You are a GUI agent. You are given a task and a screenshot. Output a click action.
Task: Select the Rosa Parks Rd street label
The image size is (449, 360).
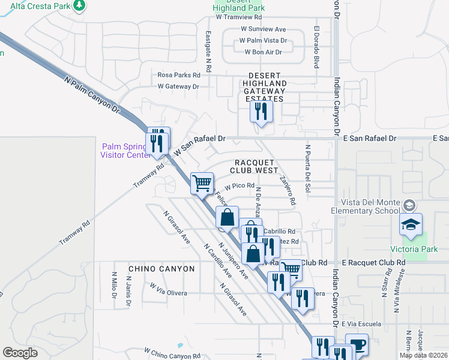178,75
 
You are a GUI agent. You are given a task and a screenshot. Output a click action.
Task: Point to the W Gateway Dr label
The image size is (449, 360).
178,86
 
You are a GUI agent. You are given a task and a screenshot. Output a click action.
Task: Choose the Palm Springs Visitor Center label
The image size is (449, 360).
124,151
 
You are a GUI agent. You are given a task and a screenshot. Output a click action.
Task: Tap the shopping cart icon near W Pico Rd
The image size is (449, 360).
202,182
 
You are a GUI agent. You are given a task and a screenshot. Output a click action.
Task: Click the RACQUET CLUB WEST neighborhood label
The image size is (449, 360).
257,167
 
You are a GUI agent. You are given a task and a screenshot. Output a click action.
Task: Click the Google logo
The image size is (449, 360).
20,353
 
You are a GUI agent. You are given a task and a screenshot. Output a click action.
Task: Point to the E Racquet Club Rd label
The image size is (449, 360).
373,263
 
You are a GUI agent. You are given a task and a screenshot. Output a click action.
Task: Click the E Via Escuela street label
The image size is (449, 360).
361,324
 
